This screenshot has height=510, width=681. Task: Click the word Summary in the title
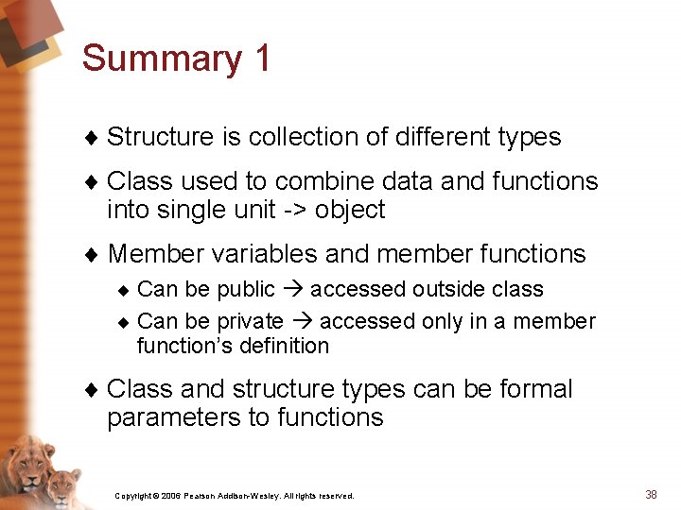pos(162,59)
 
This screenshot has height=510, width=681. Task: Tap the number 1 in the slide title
pos(262,59)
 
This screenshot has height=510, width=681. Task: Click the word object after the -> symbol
pos(350,210)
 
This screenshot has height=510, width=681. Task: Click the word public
pos(246,289)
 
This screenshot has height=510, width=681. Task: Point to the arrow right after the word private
pos(302,322)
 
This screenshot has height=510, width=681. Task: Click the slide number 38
pos(651,494)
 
